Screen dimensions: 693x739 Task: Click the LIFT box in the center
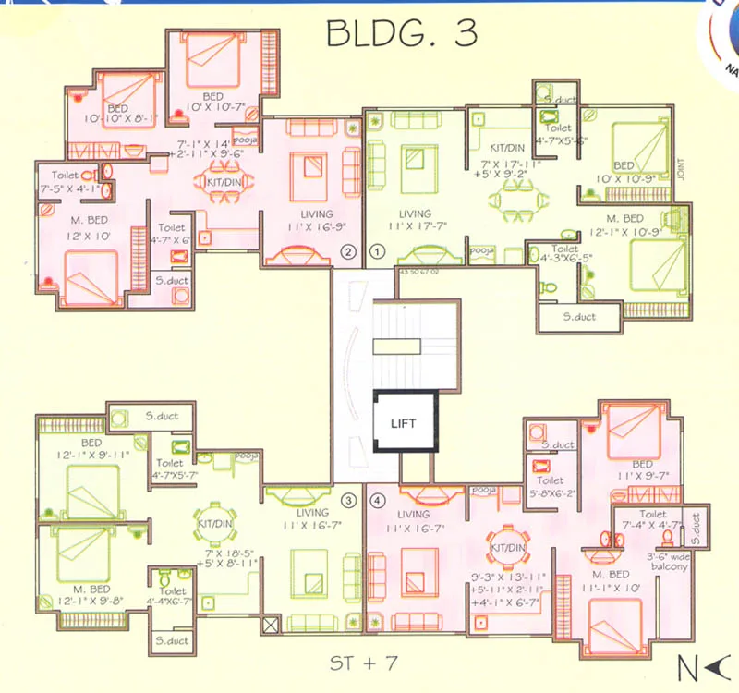click(404, 423)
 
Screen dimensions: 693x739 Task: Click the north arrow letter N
click(685, 664)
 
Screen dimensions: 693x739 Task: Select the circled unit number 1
click(377, 250)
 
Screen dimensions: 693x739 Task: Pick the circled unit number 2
click(348, 250)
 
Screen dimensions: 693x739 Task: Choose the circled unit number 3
click(348, 501)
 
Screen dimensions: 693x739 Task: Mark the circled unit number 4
click(377, 502)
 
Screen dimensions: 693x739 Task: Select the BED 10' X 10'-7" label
click(213, 103)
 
